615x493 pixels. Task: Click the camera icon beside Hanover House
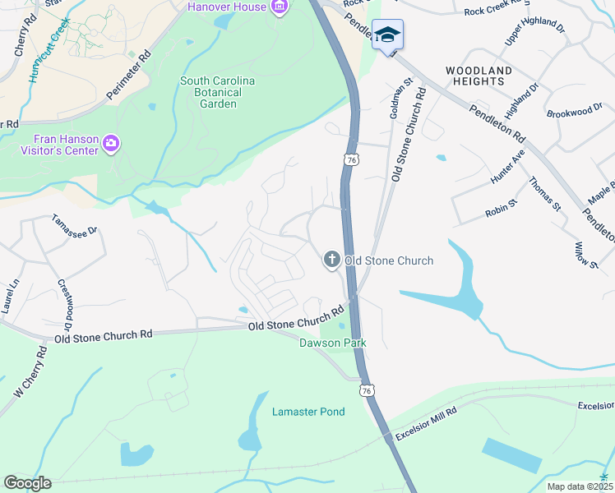[x=280, y=7]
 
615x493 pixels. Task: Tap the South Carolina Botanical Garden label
[x=218, y=92]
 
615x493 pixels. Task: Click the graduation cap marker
[x=387, y=35]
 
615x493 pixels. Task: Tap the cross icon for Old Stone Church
[x=331, y=260]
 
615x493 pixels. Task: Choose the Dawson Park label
[x=332, y=343]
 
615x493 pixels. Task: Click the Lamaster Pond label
[x=308, y=412]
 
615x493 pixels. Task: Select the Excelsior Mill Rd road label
[x=425, y=423]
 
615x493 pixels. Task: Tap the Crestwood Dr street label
[x=63, y=301]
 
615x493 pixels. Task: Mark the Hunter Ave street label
[x=506, y=167]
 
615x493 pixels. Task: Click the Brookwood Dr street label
[x=575, y=112]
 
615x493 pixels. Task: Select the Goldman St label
[x=400, y=96]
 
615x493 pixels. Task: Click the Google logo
[x=27, y=482]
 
